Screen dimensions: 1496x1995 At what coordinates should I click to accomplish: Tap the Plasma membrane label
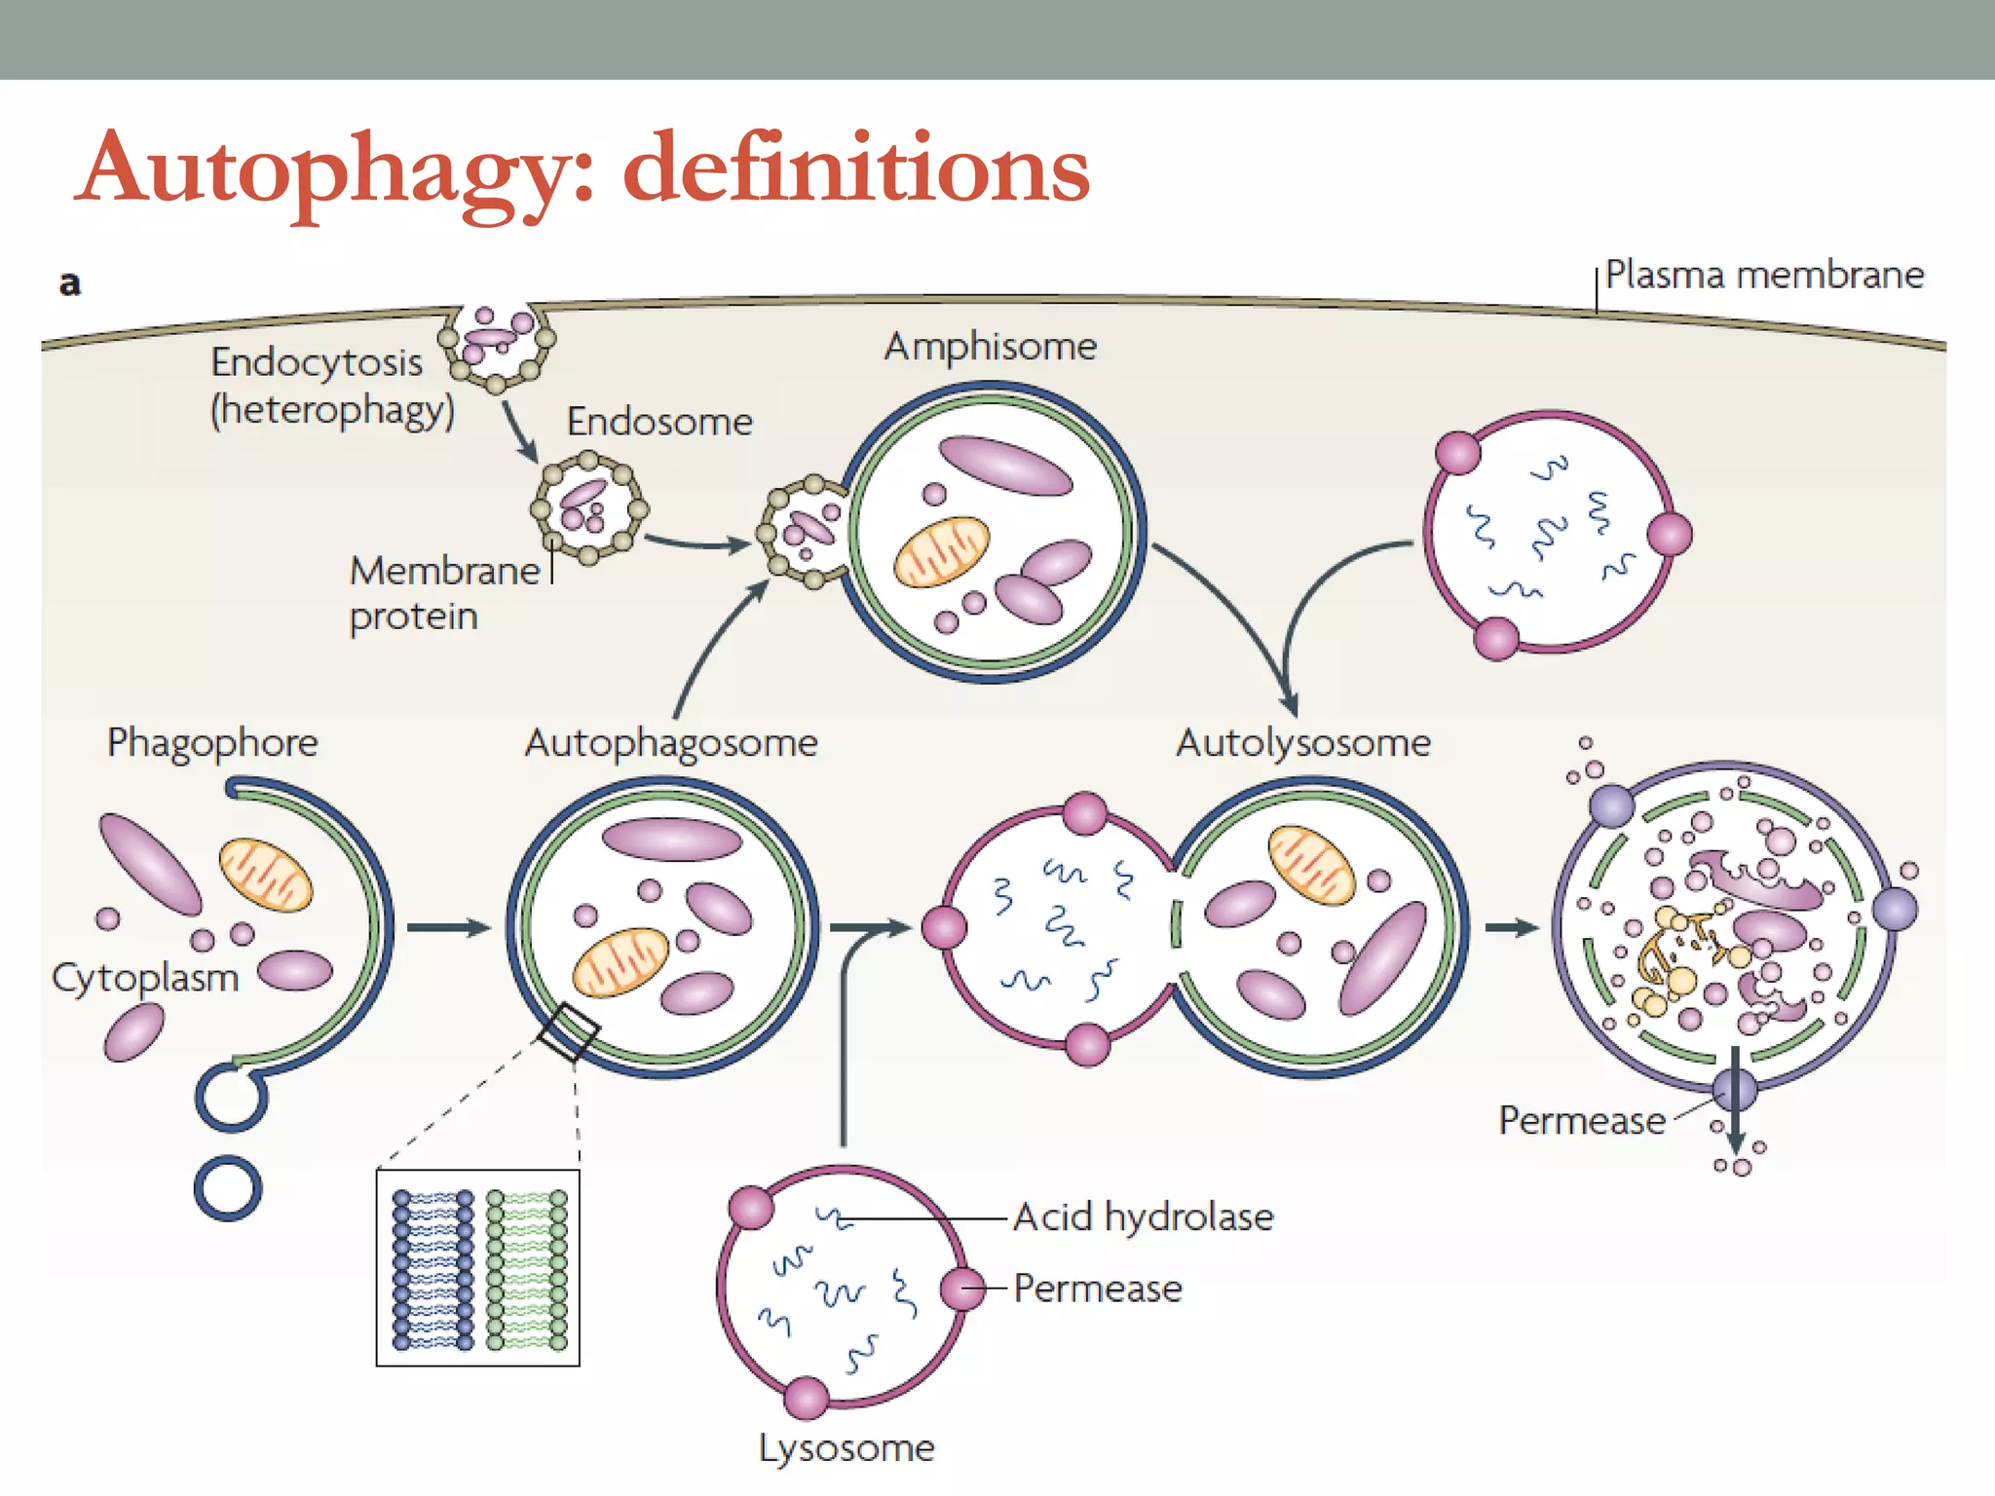pos(1763,275)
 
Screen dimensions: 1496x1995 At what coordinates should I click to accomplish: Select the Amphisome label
pos(990,347)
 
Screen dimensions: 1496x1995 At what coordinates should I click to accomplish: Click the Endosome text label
pos(659,422)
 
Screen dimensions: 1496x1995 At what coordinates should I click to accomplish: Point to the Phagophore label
pos(212,742)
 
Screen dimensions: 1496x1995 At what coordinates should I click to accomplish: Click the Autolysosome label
pos(1302,743)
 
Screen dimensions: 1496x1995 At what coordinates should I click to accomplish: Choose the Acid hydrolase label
pos(1143,1217)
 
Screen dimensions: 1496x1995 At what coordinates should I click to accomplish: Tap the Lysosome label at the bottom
pos(847,1448)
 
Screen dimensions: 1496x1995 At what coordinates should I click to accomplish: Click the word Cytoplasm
pos(145,978)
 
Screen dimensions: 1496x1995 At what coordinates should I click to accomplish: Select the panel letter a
pos(70,283)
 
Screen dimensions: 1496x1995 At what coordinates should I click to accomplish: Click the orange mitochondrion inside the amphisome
pos(941,552)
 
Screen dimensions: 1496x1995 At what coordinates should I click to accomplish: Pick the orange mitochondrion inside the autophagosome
pos(620,962)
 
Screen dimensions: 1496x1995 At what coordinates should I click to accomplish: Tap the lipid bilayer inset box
pos(477,1268)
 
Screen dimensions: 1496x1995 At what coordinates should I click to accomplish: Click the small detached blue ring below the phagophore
pos(228,1188)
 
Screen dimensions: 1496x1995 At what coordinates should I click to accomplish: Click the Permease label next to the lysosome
pos(1097,1289)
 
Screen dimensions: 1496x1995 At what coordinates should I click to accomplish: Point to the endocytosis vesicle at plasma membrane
pos(497,343)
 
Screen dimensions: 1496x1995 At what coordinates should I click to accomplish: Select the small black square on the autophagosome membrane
pos(569,1032)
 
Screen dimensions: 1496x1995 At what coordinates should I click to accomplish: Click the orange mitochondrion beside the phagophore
pos(265,874)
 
